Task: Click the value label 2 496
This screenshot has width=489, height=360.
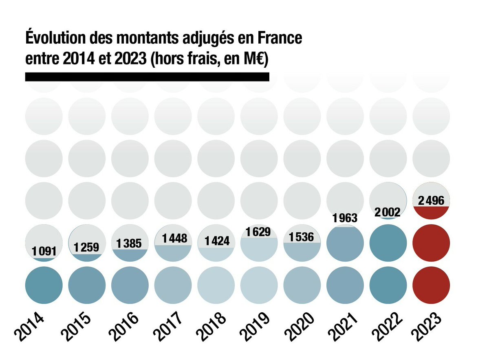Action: (x=431, y=200)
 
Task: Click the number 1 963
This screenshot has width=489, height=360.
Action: (x=345, y=218)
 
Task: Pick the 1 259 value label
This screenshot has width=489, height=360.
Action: (x=87, y=247)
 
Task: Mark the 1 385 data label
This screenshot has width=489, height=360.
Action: (x=130, y=243)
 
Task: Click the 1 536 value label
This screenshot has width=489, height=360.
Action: (x=302, y=237)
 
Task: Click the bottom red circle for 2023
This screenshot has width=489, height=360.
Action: (x=431, y=285)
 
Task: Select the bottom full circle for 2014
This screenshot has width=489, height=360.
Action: (x=44, y=285)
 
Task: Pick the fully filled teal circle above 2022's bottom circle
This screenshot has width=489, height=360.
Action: (x=388, y=243)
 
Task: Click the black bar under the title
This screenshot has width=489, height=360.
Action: (x=147, y=77)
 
